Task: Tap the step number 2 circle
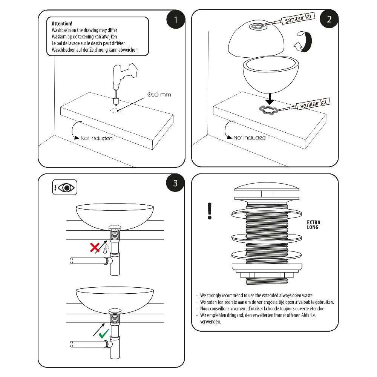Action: pyautogui.click(x=329, y=20)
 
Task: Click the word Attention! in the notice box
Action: pyautogui.click(x=62, y=23)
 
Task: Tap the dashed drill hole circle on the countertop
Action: pyautogui.click(x=115, y=110)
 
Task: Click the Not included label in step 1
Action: pyautogui.click(x=97, y=138)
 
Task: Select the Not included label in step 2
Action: pyautogui.click(x=249, y=138)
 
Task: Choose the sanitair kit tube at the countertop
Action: pyautogui.click(x=313, y=104)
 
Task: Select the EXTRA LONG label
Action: pyautogui.click(x=313, y=225)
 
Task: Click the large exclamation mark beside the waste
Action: pyautogui.click(x=210, y=211)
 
